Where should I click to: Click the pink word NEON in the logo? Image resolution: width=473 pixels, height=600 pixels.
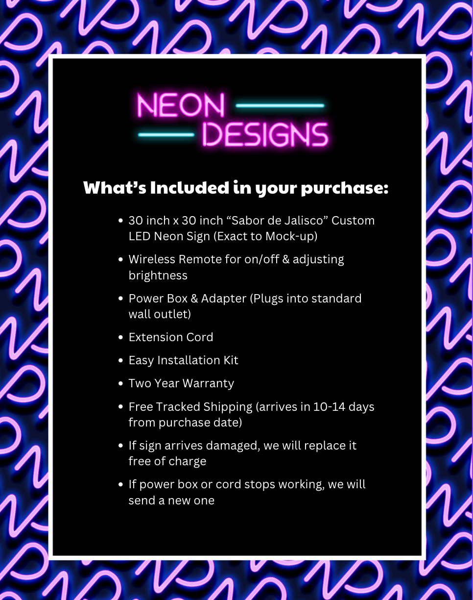click(x=181, y=105)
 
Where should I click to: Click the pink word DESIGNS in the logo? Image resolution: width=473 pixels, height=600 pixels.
click(x=265, y=135)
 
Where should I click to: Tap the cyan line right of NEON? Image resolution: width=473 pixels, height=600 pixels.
click(x=280, y=105)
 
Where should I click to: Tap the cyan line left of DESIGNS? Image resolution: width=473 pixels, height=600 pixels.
click(x=166, y=135)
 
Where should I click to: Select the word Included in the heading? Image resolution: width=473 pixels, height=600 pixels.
click(x=189, y=188)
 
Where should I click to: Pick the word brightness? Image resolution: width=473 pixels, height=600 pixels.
click(x=158, y=275)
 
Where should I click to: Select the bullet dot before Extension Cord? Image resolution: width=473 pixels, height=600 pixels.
click(x=120, y=337)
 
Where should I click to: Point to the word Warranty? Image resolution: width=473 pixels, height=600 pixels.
click(x=209, y=384)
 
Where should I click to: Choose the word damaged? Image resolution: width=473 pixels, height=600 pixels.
click(x=233, y=446)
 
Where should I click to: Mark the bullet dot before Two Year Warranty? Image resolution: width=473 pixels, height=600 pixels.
click(x=120, y=384)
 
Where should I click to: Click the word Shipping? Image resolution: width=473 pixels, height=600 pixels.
click(x=228, y=407)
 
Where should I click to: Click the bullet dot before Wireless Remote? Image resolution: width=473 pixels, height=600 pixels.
click(x=120, y=260)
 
